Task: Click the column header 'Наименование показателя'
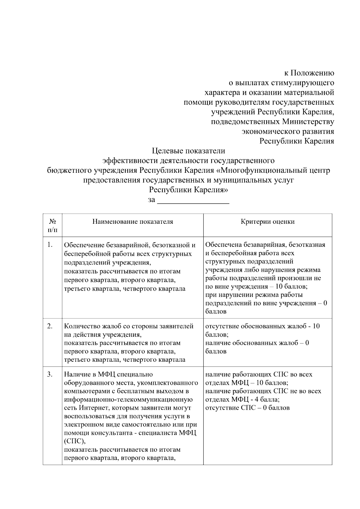tap(133, 222)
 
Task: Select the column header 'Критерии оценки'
tap(268, 222)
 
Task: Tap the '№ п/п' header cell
tap(52, 226)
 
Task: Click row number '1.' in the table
tap(50, 245)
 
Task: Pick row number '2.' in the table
tap(50, 326)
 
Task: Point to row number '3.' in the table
tap(50, 374)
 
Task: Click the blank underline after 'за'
tap(193, 200)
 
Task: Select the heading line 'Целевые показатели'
tap(188, 151)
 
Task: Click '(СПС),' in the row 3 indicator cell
tap(75, 441)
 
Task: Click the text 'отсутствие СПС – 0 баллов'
tap(247, 408)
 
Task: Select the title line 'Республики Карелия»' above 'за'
tap(188, 190)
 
